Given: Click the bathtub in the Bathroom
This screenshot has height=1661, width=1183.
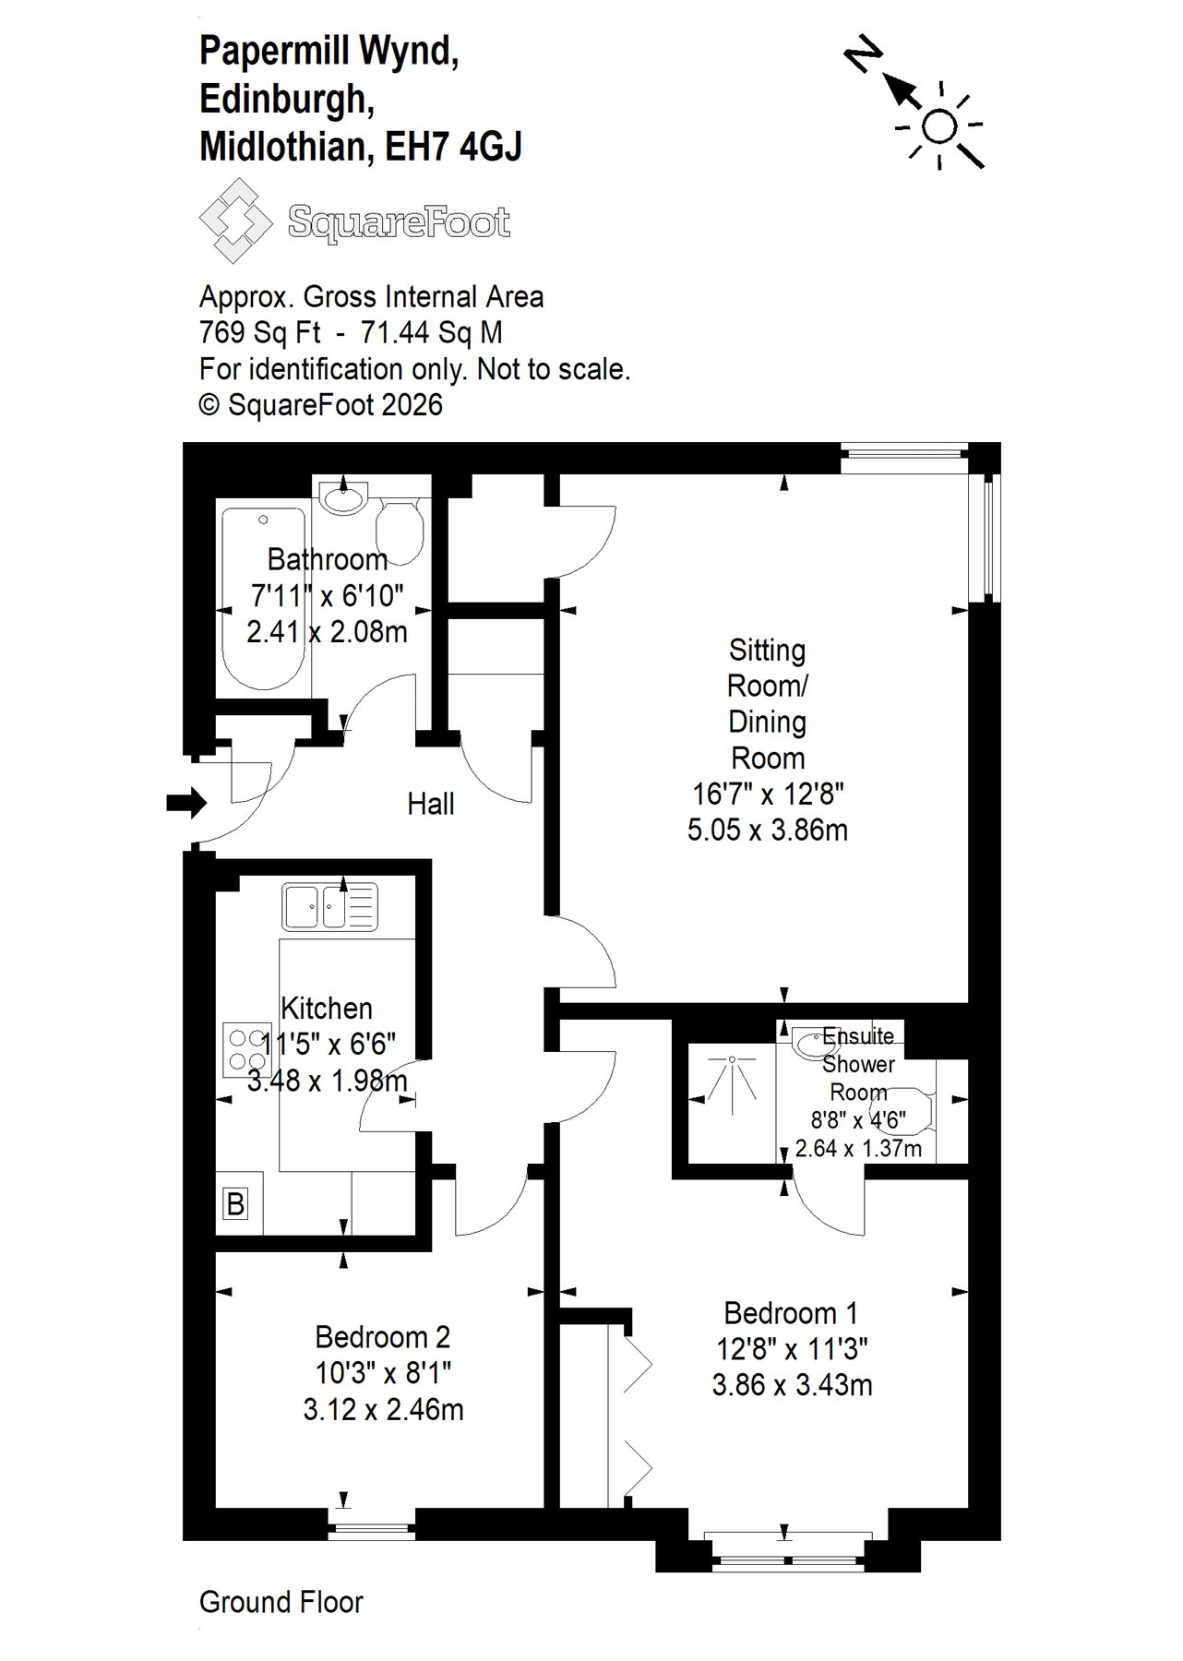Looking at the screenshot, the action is tap(263, 599).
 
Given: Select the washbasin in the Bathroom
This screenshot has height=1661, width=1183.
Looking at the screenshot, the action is tap(344, 498).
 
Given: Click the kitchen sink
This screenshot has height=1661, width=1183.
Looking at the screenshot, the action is tap(330, 906).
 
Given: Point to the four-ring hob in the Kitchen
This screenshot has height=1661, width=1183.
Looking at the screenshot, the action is tap(246, 1050).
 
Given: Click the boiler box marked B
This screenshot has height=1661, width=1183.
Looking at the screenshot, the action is tap(236, 1204).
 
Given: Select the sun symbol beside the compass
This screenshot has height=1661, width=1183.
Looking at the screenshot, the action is tap(939, 126).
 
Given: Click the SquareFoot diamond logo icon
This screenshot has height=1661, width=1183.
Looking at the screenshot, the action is tap(235, 221).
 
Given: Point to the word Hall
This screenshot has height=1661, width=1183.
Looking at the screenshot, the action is tap(431, 804).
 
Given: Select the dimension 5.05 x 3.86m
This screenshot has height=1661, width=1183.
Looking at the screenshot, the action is tap(768, 830).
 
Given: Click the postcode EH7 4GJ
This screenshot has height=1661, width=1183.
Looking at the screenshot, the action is tap(453, 146).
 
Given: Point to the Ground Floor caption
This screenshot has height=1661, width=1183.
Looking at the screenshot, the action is tap(281, 1602).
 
